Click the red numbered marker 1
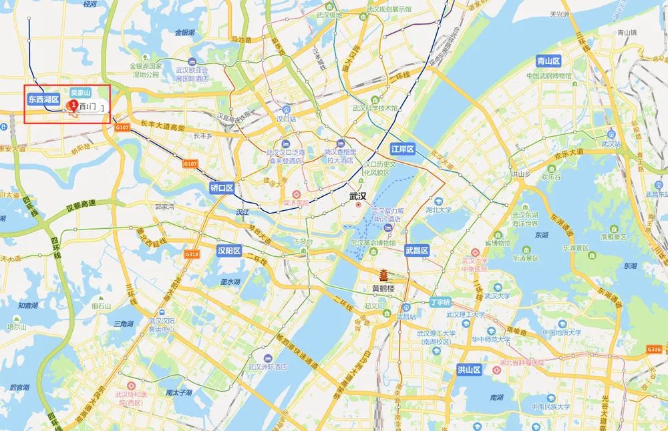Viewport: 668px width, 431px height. coord(72,105)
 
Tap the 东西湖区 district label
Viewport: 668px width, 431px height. coord(43,99)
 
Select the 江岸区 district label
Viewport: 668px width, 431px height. coord(403,148)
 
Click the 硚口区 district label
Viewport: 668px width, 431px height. coord(221,188)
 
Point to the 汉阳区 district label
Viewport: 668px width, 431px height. coord(229,251)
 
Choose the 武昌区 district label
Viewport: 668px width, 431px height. coord(416,251)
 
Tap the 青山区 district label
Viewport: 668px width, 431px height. coord(548,61)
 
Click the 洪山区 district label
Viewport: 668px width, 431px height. coord(469,369)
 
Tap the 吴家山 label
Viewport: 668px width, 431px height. coord(80,93)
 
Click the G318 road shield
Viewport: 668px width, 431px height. coord(192,254)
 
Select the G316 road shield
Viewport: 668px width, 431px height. coord(653,350)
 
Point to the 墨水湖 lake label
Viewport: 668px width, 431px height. coord(229,282)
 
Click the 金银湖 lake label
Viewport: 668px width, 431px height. coord(184,32)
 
